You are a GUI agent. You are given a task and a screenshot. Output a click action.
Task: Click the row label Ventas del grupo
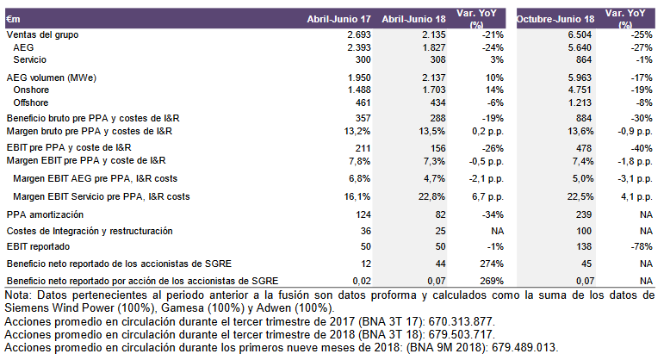tap(42, 34)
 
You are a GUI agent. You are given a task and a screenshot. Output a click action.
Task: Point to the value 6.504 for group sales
tap(580, 34)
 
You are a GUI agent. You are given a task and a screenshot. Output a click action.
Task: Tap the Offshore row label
tap(33, 102)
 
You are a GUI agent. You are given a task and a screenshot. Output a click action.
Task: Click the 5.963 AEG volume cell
tap(580, 77)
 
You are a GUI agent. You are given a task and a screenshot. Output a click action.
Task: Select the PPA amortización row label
tap(45, 214)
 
